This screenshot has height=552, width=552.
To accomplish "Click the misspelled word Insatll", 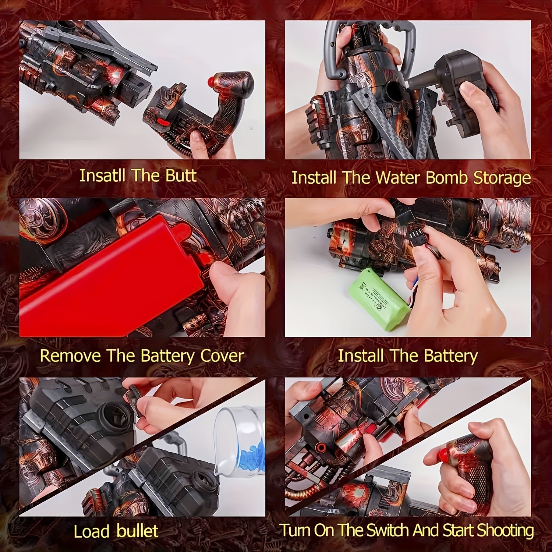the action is pyautogui.click(x=103, y=176).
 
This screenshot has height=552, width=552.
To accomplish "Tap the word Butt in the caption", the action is pyautogui.click(x=181, y=176).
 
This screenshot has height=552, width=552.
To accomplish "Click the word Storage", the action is pyautogui.click(x=502, y=178).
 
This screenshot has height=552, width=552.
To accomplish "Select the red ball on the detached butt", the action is pyautogui.click(x=211, y=80).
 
